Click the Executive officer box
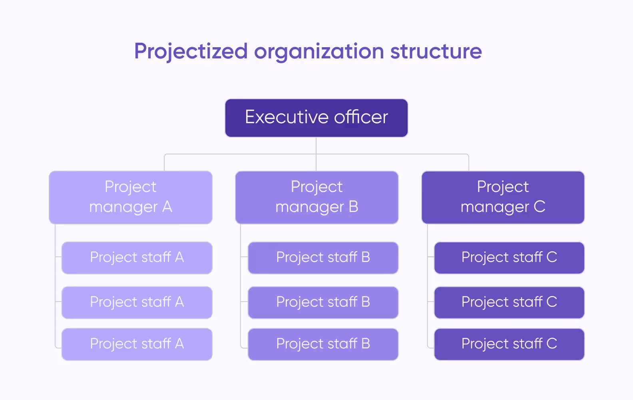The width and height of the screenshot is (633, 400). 316,118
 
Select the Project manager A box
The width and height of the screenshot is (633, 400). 130,197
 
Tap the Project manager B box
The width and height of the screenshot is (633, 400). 316,197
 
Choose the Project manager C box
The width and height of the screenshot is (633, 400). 503,197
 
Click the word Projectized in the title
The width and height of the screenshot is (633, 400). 191,52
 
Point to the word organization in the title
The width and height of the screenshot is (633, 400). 319,52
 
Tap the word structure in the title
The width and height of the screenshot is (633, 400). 436,52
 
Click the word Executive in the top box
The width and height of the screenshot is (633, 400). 287,117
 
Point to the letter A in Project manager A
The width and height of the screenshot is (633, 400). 167,207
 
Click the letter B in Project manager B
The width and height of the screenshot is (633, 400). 353,207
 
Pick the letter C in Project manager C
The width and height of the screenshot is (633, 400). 539,207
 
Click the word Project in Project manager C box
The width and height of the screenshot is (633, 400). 503,187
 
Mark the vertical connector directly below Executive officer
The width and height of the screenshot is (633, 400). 316,146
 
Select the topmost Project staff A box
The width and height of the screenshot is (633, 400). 137,258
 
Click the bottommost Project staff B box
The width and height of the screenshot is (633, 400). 323,344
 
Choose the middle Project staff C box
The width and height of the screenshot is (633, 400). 509,302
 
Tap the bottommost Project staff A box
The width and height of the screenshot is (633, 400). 137,344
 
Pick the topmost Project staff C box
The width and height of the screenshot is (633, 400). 509,258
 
